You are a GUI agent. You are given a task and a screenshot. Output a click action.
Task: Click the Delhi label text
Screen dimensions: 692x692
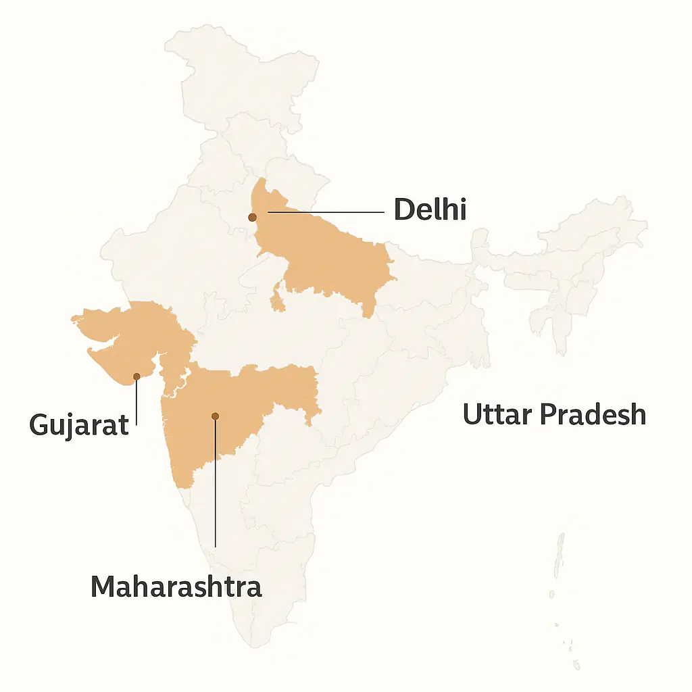click(x=430, y=210)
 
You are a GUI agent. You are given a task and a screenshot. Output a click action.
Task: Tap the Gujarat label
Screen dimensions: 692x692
click(x=79, y=425)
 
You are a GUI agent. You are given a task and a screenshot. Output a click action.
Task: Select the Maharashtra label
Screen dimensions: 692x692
click(x=176, y=587)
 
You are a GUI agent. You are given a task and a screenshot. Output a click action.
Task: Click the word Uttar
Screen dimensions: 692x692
click(x=496, y=414)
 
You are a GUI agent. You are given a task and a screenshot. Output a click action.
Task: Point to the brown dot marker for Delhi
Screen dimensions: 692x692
click(x=252, y=218)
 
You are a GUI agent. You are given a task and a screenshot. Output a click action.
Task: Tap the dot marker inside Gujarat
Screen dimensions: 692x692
click(x=137, y=376)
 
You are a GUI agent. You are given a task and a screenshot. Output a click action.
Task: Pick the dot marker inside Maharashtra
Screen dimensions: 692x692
click(x=215, y=416)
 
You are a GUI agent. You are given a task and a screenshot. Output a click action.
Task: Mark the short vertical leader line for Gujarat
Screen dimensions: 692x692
click(x=137, y=402)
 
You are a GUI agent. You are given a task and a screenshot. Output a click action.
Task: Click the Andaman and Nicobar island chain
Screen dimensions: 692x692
click(x=560, y=561)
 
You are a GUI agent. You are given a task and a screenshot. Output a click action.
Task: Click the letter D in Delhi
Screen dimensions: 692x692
click(x=403, y=210)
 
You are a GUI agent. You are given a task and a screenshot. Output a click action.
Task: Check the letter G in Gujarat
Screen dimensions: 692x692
click(x=40, y=425)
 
